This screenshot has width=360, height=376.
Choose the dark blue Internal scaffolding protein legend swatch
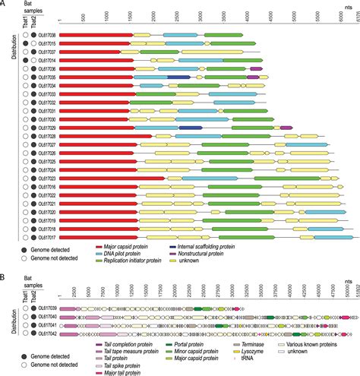(x=172, y=246)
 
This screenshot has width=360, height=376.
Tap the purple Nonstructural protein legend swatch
(x=172, y=254)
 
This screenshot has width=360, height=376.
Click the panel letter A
(x=5, y=5)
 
